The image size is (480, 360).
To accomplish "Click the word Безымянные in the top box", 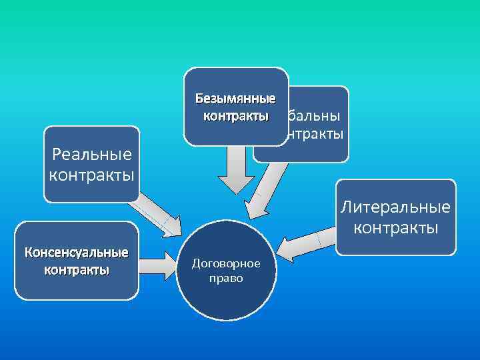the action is tap(235, 99).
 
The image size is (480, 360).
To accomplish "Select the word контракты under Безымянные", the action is tap(235, 116).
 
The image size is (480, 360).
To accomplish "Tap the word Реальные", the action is tap(92, 156).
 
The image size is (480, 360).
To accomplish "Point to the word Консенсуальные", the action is tap(77, 253).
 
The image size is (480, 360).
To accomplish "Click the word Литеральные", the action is tap(396, 207).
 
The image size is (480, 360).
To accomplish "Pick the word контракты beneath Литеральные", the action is tap(396, 227).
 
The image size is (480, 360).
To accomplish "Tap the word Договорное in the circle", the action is tap(225, 263).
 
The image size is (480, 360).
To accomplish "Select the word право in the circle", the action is tap(225, 278).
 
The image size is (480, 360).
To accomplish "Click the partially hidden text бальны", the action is tap(313, 115).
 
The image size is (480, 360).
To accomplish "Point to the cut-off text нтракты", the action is tap(313, 133).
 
